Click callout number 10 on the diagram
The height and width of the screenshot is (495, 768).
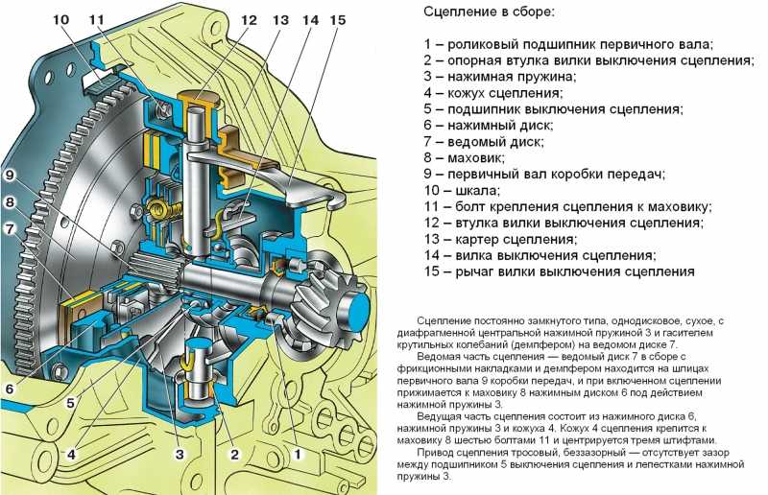click(60, 20)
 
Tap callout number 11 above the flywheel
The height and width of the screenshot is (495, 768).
click(97, 20)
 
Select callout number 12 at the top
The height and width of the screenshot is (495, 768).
click(250, 20)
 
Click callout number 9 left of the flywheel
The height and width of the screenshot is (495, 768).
click(11, 176)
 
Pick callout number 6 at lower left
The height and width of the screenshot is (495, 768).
click(11, 389)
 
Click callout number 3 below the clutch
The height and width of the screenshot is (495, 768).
click(179, 454)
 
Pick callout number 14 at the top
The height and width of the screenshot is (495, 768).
click(309, 20)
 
